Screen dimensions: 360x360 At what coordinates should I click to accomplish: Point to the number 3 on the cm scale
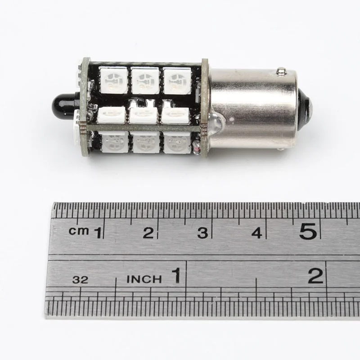click(203, 233)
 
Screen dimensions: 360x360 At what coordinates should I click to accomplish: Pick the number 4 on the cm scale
click(256, 233)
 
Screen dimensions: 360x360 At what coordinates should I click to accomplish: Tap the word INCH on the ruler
click(144, 279)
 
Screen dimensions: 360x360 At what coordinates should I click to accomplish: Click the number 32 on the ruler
click(80, 279)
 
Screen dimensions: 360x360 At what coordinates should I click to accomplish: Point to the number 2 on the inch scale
click(316, 275)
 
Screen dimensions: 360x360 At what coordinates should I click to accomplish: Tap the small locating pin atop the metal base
click(281, 71)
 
